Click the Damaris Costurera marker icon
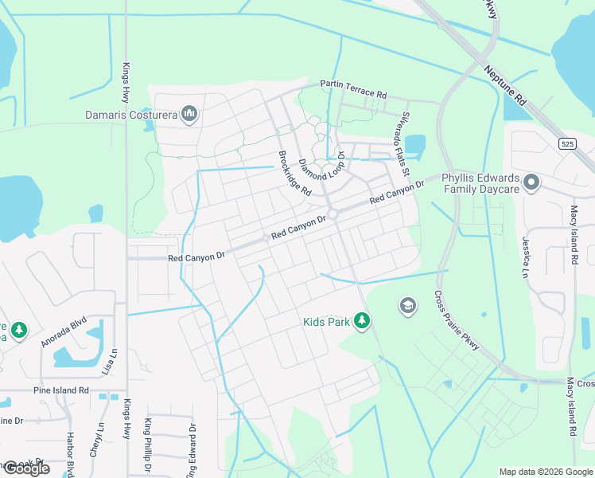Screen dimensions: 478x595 click(x=189, y=115)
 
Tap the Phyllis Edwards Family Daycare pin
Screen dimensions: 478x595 click(x=531, y=184)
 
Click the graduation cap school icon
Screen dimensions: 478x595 click(x=408, y=306)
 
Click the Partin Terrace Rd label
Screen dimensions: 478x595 click(x=352, y=88)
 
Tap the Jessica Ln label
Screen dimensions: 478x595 click(x=526, y=256)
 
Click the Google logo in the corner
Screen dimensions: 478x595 click(x=25, y=468)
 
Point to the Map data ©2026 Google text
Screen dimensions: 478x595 click(x=545, y=472)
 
